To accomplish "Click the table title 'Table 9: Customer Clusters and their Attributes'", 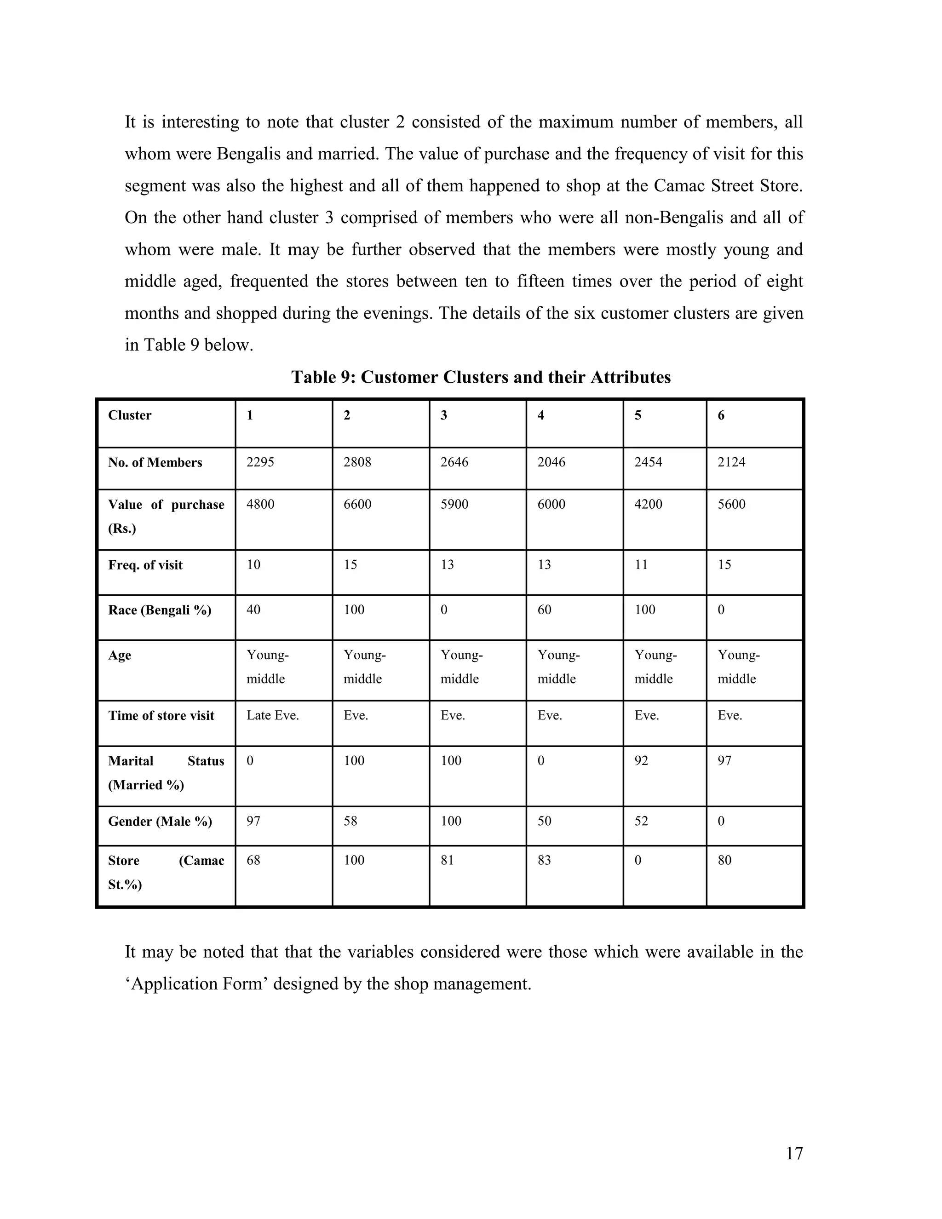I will (481, 377).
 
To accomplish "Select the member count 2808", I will (357, 462).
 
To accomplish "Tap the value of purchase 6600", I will (357, 505).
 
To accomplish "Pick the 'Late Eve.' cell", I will (273, 716).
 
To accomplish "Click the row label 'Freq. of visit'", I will (145, 565).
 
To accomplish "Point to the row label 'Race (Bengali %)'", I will (160, 610).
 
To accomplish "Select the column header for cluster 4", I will (541, 415).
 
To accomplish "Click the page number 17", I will (793, 1153).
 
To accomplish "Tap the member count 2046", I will (551, 462).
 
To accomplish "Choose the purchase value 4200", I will (649, 505).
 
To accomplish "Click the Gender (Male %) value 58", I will (350, 821).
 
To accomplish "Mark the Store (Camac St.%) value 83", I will (544, 860).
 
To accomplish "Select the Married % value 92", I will (641, 761).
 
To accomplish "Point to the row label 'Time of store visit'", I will (161, 716).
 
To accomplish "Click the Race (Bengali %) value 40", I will (253, 610).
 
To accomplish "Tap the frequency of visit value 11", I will (641, 565).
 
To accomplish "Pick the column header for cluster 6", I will (721, 415).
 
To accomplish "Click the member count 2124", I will (732, 462).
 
